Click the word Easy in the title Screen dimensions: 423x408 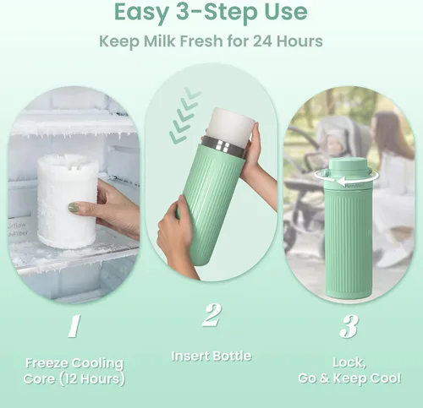pos(141,13)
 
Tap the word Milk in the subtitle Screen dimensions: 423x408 pos(160,41)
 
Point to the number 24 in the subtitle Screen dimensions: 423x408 pos(262,41)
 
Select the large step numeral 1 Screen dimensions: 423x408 pos(74,326)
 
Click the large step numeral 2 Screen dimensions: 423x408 pos(212,314)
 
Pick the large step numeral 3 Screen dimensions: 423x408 pos(349,326)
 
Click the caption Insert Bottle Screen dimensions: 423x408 pos(211,356)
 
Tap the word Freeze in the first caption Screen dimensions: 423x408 pos(47,363)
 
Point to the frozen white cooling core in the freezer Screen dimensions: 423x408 pos(68,201)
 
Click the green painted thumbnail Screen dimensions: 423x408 pos(74,208)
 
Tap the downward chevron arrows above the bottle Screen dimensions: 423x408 pos(184,115)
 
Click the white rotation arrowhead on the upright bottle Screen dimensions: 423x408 pos(341,182)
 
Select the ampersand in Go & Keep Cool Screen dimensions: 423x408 pos(324,378)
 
